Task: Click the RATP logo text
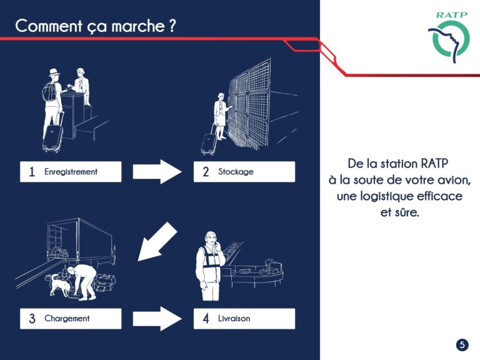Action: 451,15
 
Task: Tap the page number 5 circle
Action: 462,345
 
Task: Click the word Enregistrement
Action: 71,172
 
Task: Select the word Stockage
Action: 236,172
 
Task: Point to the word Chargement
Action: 67,318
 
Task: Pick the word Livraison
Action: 234,318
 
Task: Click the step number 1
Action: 32,172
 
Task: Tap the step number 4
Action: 206,318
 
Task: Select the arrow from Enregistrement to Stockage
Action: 157,172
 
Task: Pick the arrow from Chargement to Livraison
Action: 157,319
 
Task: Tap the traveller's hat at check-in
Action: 54,73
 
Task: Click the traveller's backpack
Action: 49,92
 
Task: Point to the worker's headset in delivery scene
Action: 211,237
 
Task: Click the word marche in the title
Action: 137,26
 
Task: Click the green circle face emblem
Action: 450,40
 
